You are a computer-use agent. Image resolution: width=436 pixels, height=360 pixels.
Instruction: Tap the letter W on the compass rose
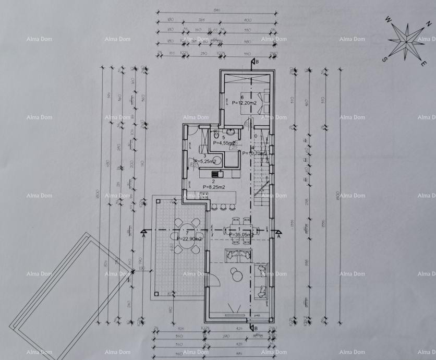click(389, 19)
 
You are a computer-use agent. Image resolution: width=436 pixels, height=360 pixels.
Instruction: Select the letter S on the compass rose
click(384, 59)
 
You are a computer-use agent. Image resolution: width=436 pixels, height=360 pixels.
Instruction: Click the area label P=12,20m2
click(244, 103)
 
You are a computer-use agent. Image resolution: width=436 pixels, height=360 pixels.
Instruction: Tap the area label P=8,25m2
click(214, 187)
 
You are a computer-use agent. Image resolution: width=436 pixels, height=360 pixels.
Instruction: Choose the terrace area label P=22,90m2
click(189, 238)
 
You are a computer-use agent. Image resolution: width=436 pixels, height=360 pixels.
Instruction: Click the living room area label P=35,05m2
click(241, 235)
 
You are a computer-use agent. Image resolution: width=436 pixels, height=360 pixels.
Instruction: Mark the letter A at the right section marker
click(279, 236)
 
